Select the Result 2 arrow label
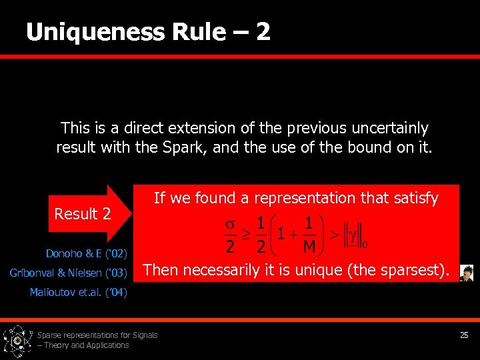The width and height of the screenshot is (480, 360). coord(83,214)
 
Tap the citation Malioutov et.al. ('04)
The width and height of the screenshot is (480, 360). coord(78,292)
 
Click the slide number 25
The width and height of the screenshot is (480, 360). coord(464,335)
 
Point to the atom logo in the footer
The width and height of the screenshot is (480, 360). coord(17,341)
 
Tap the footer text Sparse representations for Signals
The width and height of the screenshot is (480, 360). coord(97,335)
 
